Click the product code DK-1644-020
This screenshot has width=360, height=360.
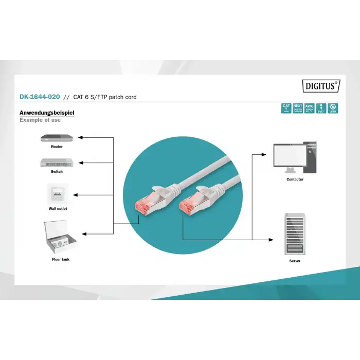(x=40, y=97)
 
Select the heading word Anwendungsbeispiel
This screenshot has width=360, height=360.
(x=47, y=112)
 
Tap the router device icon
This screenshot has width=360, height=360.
(x=57, y=138)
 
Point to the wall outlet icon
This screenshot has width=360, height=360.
(x=57, y=194)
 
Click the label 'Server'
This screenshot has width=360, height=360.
(x=295, y=261)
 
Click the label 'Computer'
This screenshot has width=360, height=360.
(x=295, y=179)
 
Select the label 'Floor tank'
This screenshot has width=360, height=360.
(x=61, y=260)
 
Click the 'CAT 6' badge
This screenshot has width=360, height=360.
(x=286, y=108)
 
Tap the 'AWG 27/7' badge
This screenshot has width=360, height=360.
(x=309, y=108)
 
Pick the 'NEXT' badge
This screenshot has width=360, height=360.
(x=298, y=108)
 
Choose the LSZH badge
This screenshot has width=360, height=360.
(x=332, y=108)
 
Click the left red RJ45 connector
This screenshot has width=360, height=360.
(x=143, y=205)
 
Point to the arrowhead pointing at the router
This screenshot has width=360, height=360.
(x=81, y=138)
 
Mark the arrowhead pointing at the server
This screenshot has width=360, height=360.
(x=272, y=240)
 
